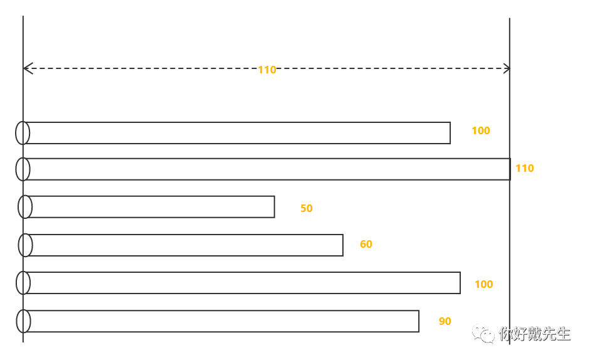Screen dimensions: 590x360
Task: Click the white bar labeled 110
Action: coord(266,169)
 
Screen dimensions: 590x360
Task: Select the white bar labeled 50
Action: coord(150,207)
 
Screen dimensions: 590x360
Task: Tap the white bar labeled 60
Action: coord(185,245)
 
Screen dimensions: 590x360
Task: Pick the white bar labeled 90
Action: coord(223,321)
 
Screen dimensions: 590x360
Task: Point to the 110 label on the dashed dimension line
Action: coord(266,70)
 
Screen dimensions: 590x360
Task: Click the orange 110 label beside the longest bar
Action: coord(524,168)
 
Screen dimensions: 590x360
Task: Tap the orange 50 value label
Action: coord(306,208)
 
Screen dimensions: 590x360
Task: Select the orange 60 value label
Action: coord(366,244)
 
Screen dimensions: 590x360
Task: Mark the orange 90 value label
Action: coord(445,321)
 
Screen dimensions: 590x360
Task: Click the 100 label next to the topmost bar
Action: coord(480,130)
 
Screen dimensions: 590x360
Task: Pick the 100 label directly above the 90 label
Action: coord(483,284)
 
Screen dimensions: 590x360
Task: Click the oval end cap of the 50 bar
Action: coord(25,207)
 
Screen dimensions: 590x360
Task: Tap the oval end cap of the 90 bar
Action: coord(23,321)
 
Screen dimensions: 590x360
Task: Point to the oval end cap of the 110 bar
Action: coord(23,169)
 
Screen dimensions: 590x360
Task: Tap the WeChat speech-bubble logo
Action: coord(483,333)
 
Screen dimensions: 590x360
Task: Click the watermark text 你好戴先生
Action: coord(534,334)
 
